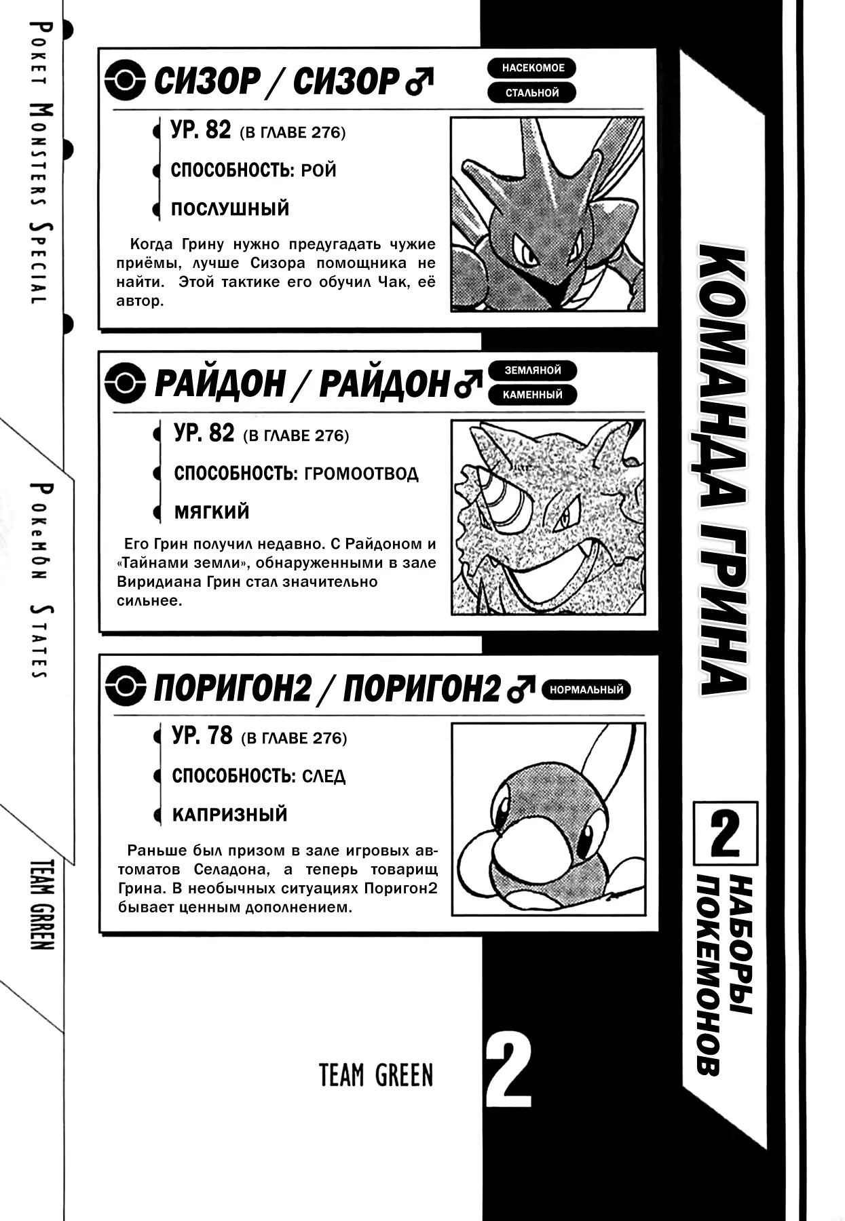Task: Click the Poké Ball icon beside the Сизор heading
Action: click(126, 81)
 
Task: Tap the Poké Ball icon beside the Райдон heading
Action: click(126, 383)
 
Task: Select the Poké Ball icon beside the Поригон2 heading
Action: click(126, 687)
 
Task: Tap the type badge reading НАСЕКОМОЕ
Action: click(532, 69)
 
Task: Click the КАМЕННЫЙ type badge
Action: click(532, 395)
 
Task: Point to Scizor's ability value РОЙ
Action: click(318, 170)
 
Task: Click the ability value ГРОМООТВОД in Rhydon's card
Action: click(361, 473)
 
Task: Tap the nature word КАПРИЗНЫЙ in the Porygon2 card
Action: click(229, 815)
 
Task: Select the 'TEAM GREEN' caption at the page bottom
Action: click(375, 1075)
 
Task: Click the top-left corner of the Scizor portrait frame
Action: click(452, 117)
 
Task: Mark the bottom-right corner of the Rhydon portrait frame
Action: click(644, 614)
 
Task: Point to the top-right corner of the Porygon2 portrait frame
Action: click(644, 724)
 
